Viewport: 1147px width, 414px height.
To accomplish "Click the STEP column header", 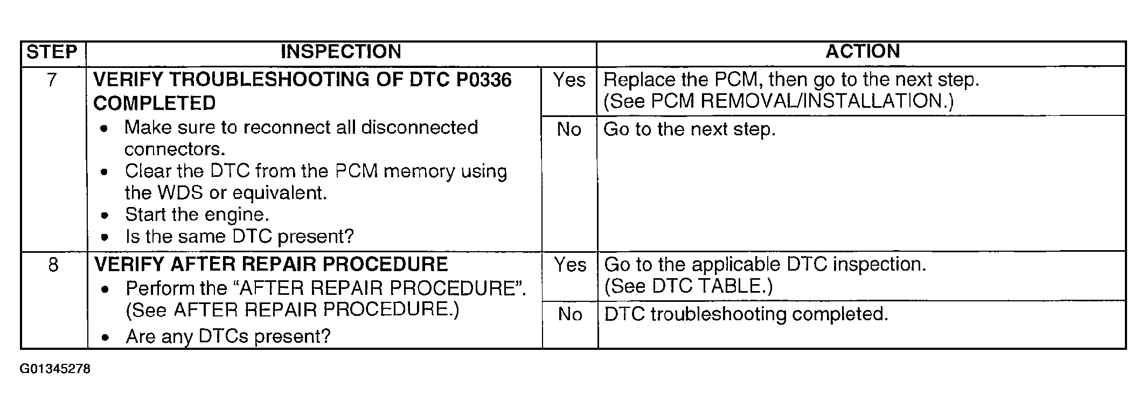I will coord(52,52).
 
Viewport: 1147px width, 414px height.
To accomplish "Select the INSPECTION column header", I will coord(340,52).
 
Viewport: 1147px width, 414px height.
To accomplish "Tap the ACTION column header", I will coord(863,52).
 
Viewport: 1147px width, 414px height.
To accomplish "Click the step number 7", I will coord(52,80).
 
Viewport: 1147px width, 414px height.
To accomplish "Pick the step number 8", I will coord(53,265).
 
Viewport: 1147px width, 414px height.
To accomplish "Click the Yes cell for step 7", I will coord(569,80).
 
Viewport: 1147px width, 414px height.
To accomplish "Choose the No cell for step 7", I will coord(569,130).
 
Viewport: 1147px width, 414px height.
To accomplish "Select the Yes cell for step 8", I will coord(569,265).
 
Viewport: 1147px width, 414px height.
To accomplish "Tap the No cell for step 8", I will coord(569,314).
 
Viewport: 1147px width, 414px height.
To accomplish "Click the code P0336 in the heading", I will coord(484,80).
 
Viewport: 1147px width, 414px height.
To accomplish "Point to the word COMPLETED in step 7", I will coord(155,103).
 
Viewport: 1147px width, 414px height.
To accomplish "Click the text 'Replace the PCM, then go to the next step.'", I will coord(791,80).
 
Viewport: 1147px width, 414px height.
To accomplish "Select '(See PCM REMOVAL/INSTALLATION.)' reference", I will coord(778,101).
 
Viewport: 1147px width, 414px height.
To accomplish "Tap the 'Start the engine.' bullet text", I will coord(197,215).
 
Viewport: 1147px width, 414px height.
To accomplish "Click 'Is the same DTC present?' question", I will coord(239,237).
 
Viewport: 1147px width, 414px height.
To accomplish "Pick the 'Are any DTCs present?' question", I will coord(228,336).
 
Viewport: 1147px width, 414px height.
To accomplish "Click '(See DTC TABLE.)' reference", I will coord(689,286).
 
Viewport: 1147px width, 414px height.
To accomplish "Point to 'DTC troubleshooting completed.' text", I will coord(746,314).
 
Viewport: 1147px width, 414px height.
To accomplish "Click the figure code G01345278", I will coord(55,369).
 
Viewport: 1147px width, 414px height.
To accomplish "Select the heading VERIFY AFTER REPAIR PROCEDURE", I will coord(271,265).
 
